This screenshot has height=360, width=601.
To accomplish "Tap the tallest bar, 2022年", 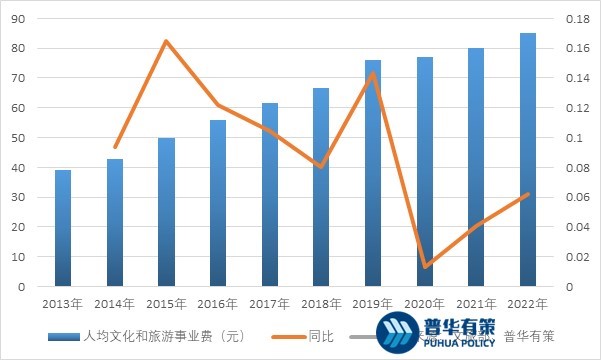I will click(x=528, y=160).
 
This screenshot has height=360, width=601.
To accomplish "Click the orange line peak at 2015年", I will click(x=166, y=41).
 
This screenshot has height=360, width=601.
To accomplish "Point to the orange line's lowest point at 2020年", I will click(x=425, y=267).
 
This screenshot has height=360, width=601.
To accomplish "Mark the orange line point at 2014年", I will click(x=115, y=147).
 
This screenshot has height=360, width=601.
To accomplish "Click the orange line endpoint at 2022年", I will click(x=528, y=194).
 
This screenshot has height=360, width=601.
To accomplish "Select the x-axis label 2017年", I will click(x=269, y=303).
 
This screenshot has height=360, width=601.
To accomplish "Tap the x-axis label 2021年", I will click(x=476, y=303).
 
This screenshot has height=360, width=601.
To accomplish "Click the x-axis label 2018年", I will click(x=321, y=303).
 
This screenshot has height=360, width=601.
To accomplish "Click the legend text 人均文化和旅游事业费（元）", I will click(x=166, y=336).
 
